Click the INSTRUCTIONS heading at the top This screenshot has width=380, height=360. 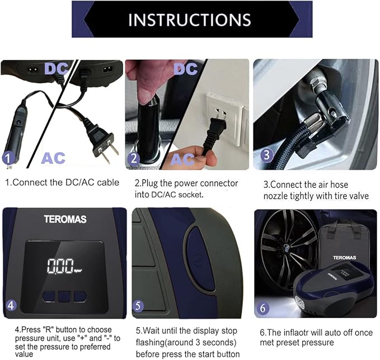tap(190, 20)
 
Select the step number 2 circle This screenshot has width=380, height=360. tap(134, 159)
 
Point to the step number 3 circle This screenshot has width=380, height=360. tap(266, 155)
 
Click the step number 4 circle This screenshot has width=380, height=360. tap(11, 305)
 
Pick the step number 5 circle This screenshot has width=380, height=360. tap(138, 306)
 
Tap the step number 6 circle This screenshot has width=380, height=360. tap(263, 309)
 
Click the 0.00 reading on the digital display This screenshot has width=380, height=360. tap(60, 266)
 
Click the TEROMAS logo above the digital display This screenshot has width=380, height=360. tap(65, 219)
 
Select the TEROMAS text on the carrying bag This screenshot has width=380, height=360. tap(344, 258)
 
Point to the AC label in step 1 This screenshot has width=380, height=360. tap(53, 158)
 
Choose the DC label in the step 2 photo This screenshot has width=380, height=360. tap(186, 69)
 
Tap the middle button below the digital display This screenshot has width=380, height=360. tap(64, 297)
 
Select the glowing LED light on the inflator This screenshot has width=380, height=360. tap(300, 303)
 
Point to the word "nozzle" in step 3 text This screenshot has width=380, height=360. tap(275, 196)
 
